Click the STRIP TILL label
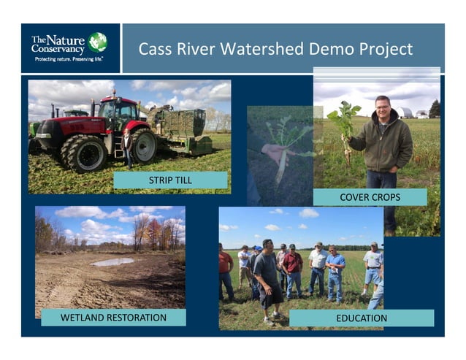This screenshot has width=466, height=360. coord(170,180)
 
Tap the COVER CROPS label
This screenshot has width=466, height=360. coord(370,197)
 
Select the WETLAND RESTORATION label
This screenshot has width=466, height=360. coord(113,318)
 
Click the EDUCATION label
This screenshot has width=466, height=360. coord(362,318)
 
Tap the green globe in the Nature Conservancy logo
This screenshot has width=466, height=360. coord(97,42)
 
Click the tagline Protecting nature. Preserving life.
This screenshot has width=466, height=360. coord(69,58)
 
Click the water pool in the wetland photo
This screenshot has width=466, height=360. coord(112,261)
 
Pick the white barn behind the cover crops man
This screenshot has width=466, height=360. coord(402,112)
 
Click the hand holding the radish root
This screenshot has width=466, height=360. coord(272,153)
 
